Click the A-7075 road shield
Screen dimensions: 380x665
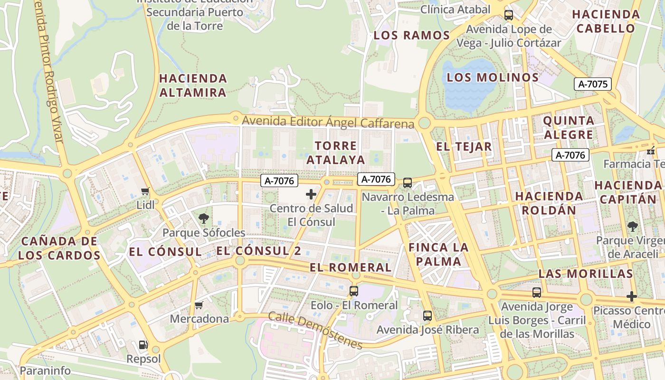(x=592, y=84)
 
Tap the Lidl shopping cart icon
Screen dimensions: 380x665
(x=145, y=191)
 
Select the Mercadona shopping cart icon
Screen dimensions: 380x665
(x=199, y=305)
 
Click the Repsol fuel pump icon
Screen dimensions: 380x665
(x=142, y=345)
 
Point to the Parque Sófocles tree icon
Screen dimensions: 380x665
(x=204, y=218)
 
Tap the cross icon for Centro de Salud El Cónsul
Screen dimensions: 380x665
(x=311, y=194)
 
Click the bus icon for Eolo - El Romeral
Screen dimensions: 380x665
(x=354, y=291)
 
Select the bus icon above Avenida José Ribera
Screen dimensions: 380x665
(x=427, y=315)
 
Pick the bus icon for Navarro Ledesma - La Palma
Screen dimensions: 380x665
(x=407, y=183)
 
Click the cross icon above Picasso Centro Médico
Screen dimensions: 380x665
(x=631, y=296)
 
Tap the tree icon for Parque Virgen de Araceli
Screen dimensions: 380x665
(x=632, y=226)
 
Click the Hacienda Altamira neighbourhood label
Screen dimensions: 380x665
(x=193, y=85)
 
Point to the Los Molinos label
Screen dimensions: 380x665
(x=493, y=77)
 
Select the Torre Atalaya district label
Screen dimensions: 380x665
(x=336, y=152)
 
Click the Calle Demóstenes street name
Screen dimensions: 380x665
(x=315, y=330)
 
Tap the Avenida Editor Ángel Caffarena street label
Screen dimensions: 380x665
(x=328, y=122)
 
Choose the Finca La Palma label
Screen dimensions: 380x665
(x=438, y=254)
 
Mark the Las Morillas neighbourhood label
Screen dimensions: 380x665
(x=586, y=274)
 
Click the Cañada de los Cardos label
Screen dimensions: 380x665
(x=59, y=248)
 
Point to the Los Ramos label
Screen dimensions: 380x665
(x=411, y=35)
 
